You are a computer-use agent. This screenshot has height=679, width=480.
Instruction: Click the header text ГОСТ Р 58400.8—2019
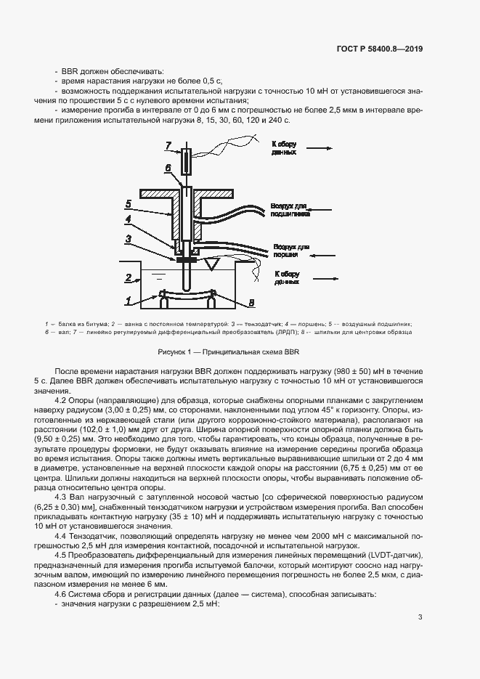point(389,49)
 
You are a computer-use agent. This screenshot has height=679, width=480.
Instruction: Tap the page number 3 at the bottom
point(420,617)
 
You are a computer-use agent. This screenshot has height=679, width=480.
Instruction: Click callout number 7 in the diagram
point(167,146)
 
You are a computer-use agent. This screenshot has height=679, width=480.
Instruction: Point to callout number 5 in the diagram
point(128,203)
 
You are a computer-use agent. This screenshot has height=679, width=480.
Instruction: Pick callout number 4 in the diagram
point(128,219)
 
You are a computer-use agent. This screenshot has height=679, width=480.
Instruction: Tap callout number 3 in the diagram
point(128,238)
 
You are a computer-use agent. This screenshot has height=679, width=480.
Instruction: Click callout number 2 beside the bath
point(128,277)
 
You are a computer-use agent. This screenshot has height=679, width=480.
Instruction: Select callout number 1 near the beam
point(128,298)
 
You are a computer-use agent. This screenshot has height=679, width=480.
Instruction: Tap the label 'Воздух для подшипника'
point(290,211)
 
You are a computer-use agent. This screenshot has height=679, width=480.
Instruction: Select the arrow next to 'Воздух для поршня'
point(320,251)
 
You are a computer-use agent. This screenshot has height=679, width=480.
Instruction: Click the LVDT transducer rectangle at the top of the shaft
point(187,160)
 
